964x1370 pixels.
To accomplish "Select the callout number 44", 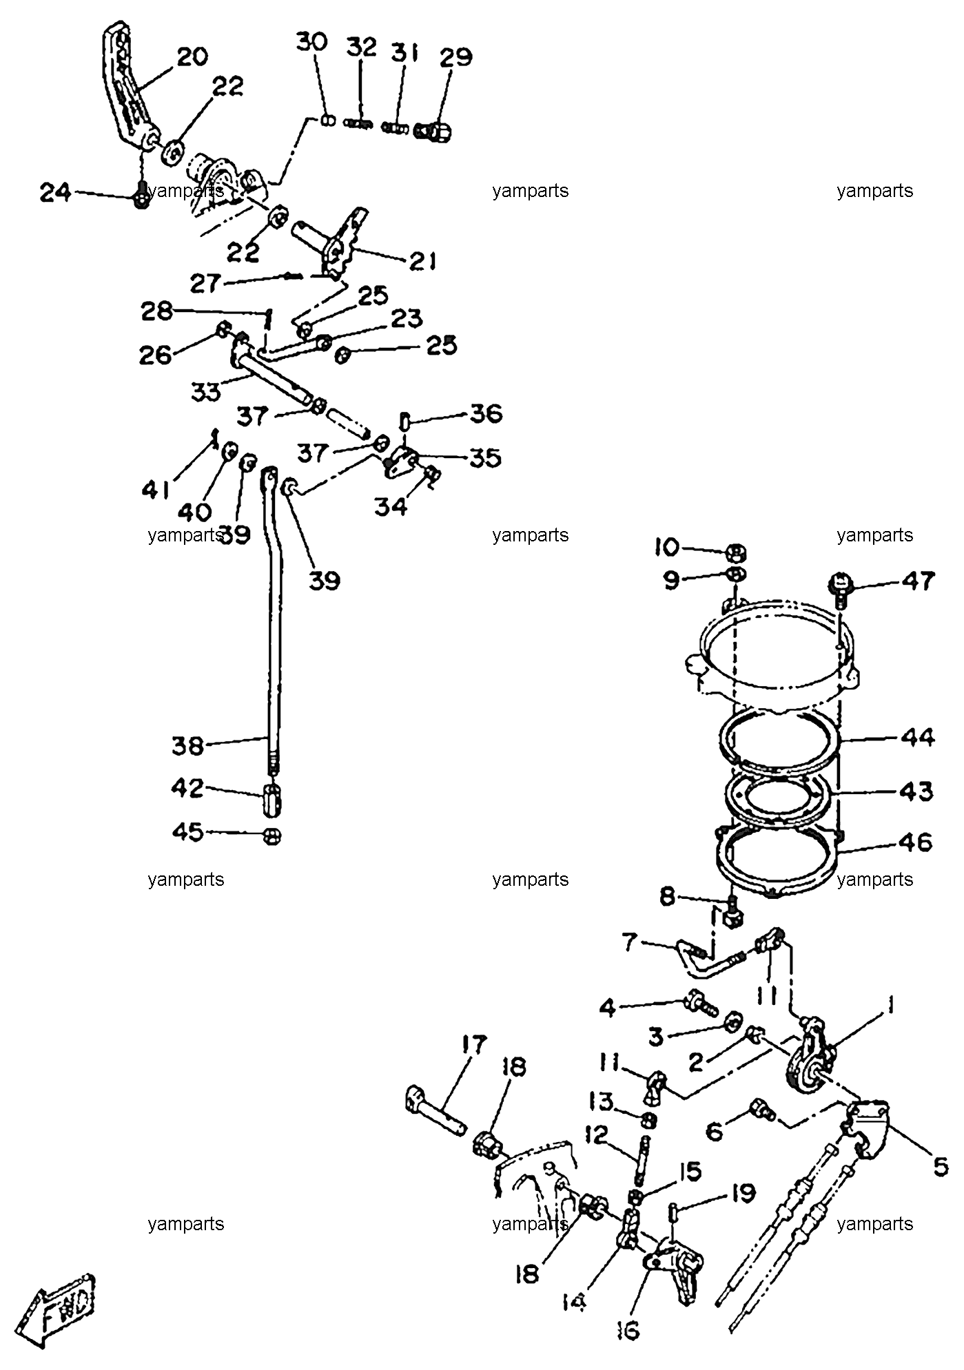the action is point(916,738).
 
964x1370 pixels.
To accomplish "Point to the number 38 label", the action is point(187,746).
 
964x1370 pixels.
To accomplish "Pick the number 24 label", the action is point(55,192).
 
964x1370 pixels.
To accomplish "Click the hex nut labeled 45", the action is point(272,836).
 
